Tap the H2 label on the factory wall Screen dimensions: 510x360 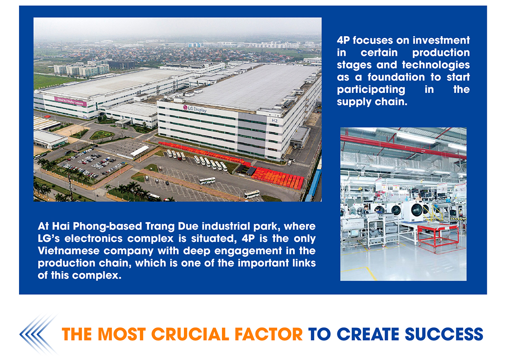coord(274,120)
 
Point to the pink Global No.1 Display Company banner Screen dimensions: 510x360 coord(71,101)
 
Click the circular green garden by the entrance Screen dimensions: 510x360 coord(102,134)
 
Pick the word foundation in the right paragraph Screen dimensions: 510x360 coord(396,77)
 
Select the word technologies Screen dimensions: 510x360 coord(436,65)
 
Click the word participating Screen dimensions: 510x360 coord(371,89)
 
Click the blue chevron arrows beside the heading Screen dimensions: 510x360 coord(38,334)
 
